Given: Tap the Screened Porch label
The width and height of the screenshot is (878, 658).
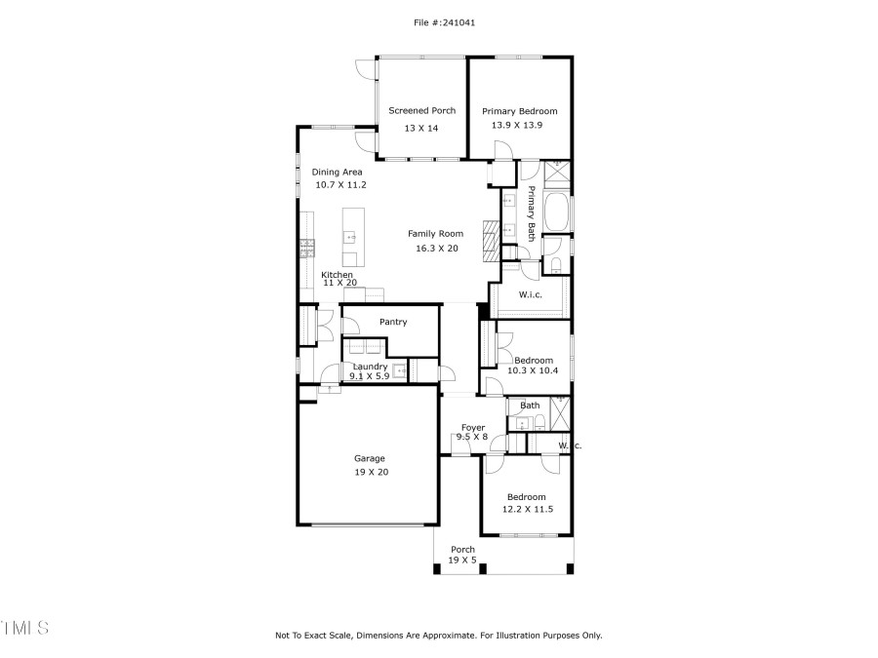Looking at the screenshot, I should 421,111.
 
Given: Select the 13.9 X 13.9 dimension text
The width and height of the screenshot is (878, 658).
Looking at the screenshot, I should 519,126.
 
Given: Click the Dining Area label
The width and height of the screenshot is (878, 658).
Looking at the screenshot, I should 337,173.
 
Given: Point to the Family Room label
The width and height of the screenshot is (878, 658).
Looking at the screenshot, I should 435,234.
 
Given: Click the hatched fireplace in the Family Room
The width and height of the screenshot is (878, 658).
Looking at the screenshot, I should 490,236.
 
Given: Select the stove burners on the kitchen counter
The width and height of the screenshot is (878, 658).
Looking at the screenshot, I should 306,247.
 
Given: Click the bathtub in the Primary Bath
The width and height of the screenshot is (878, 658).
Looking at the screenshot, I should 557,212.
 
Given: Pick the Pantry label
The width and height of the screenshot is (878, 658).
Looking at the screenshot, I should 393,323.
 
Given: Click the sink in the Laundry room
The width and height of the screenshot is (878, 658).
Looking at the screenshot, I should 399,371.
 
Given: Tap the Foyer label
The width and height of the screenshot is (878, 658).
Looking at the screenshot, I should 473,428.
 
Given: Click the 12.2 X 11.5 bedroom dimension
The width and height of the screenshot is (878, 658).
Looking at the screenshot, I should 528,510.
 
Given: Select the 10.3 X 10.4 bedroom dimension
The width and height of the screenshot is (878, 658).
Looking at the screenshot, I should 534,371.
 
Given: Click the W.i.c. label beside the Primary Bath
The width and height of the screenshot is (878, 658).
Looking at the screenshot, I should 531,294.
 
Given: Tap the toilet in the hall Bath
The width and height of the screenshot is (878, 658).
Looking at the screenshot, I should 539,423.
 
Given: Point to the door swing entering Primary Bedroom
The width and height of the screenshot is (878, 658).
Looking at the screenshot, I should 502,149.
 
